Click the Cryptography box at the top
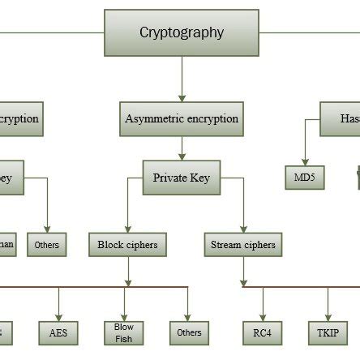click(182, 33)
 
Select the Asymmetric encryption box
click(182, 118)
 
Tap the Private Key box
click(182, 178)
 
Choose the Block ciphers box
click(127, 244)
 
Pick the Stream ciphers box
click(242, 244)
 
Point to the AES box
click(59, 332)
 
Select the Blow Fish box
click(124, 332)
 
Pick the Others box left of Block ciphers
click(47, 244)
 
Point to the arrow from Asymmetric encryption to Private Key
click(182, 148)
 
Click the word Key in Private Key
click(199, 178)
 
